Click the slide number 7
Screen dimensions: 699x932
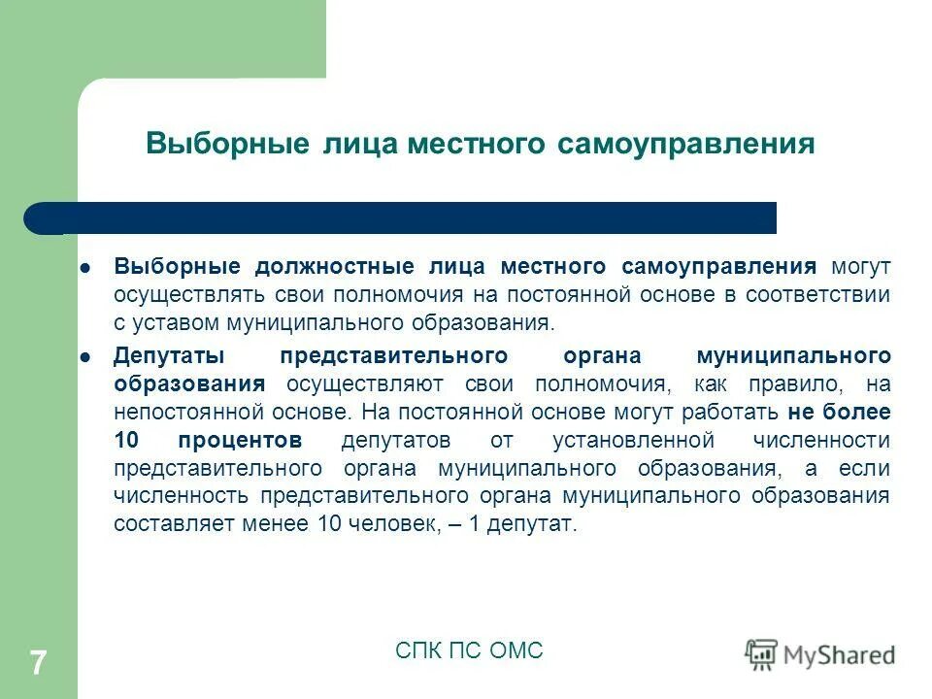click(x=38, y=663)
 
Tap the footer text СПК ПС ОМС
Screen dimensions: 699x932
click(x=469, y=650)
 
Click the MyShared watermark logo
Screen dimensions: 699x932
click(x=820, y=654)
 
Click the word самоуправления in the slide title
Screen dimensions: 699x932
click(x=685, y=144)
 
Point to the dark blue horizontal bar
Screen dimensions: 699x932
click(x=408, y=217)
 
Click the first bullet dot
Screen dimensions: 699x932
click(x=84, y=266)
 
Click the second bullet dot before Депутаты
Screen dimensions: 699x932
click(x=84, y=355)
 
